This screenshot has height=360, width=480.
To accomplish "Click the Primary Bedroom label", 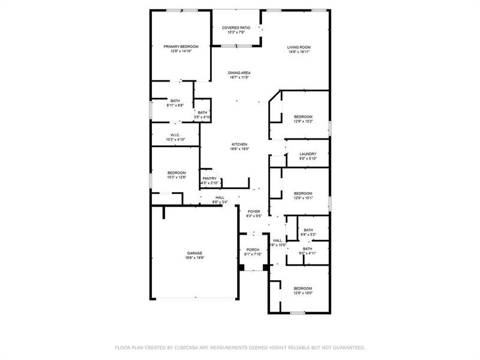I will click(181, 46).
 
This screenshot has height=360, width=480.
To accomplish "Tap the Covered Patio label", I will click(236, 28).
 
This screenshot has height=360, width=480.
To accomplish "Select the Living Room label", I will click(298, 46).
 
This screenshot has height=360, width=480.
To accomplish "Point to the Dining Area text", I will click(239, 73).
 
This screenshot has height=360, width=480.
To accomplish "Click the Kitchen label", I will click(239, 144).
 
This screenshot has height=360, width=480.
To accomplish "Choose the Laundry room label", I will click(307, 154).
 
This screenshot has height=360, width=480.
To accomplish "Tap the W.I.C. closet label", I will click(175, 134).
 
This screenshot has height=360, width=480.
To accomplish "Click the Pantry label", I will click(209, 178).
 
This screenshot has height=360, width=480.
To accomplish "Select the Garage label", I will click(194, 253).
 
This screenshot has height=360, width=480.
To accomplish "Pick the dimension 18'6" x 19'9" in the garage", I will click(194, 258).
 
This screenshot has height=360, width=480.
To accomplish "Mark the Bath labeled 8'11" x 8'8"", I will click(175, 101).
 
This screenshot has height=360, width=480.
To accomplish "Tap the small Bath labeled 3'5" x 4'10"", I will click(203, 112).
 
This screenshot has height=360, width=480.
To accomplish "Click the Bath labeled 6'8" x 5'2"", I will click(308, 229).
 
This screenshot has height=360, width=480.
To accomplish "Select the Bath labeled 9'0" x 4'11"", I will click(307, 248).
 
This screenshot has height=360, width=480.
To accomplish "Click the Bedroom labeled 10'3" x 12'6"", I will click(176, 172).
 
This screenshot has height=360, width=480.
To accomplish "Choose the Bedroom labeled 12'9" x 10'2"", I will click(303, 116).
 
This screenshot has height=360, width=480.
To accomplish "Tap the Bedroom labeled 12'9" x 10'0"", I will click(303, 288).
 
